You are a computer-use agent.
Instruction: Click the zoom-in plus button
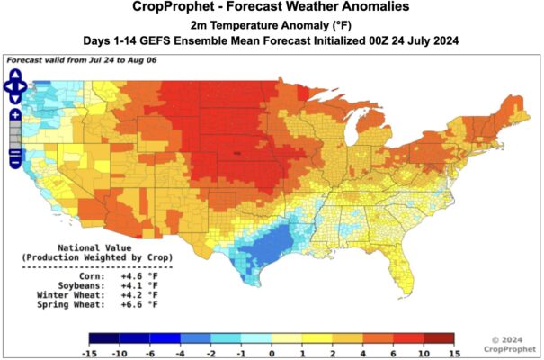click(x=15, y=115)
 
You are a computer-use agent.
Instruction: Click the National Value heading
click(x=94, y=247)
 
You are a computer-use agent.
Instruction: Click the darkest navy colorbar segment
click(x=104, y=338)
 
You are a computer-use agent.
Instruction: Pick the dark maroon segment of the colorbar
click(x=441, y=338)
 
